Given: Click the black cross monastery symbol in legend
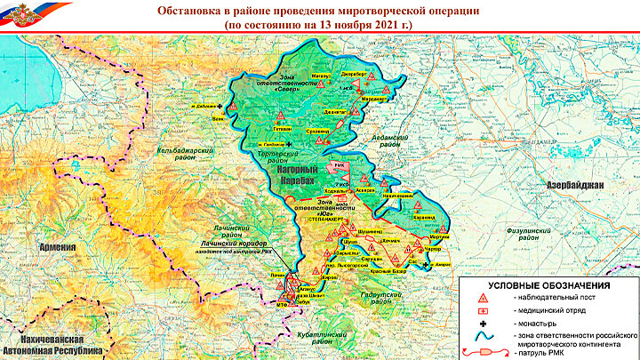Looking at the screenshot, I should [x=484, y=324].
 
